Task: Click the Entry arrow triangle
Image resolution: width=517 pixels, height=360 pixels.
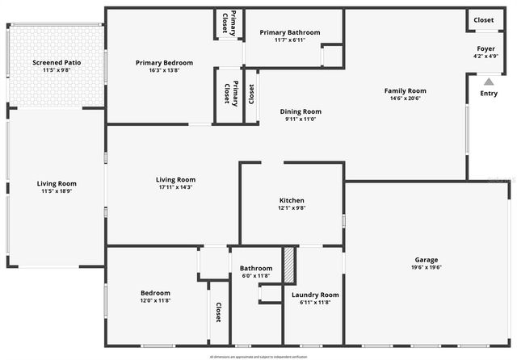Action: click(488, 81)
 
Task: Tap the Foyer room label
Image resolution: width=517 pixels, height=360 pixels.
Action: click(485, 48)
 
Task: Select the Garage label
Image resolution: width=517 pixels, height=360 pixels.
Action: click(427, 260)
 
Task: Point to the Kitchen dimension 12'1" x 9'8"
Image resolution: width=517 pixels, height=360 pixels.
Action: click(292, 208)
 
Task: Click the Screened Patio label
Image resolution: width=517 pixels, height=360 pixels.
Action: click(57, 62)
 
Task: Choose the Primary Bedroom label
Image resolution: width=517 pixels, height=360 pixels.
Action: click(164, 62)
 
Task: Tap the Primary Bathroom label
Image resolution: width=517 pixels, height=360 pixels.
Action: click(290, 32)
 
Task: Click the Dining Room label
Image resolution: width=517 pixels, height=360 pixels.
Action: click(301, 111)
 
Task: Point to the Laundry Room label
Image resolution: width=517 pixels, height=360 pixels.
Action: click(314, 295)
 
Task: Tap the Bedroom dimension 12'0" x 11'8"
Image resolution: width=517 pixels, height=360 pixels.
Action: click(155, 300)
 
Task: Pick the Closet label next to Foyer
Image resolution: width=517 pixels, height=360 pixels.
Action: click(484, 20)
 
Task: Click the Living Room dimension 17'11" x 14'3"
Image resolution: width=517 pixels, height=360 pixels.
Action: click(175, 187)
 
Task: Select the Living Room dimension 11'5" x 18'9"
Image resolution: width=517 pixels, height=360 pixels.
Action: click(57, 191)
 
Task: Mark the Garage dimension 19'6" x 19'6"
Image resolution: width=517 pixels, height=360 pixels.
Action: click(427, 268)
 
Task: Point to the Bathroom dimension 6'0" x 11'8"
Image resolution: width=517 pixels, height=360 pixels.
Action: click(255, 276)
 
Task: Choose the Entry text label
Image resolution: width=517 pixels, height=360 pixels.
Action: click(489, 94)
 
